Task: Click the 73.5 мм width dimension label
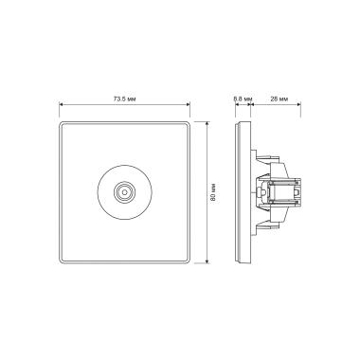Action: click(x=125, y=99)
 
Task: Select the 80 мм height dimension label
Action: click(x=213, y=192)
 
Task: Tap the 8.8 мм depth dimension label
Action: click(x=243, y=99)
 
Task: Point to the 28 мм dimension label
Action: click(x=279, y=99)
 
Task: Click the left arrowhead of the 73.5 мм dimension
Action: click(x=62, y=104)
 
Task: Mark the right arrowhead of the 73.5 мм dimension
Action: click(x=188, y=104)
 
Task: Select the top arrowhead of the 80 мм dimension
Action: click(x=207, y=123)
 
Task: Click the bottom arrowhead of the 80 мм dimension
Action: click(x=207, y=261)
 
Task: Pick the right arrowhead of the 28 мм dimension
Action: click(x=298, y=104)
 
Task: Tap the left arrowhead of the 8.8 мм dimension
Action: click(x=237, y=104)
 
